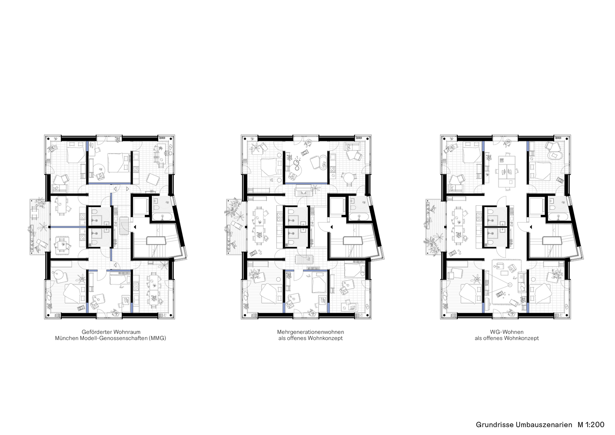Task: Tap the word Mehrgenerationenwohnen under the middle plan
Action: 310,332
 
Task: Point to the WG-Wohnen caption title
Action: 506,332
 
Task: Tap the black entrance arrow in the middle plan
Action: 331,227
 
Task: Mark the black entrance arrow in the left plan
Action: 134,227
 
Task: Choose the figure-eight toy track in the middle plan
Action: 297,164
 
